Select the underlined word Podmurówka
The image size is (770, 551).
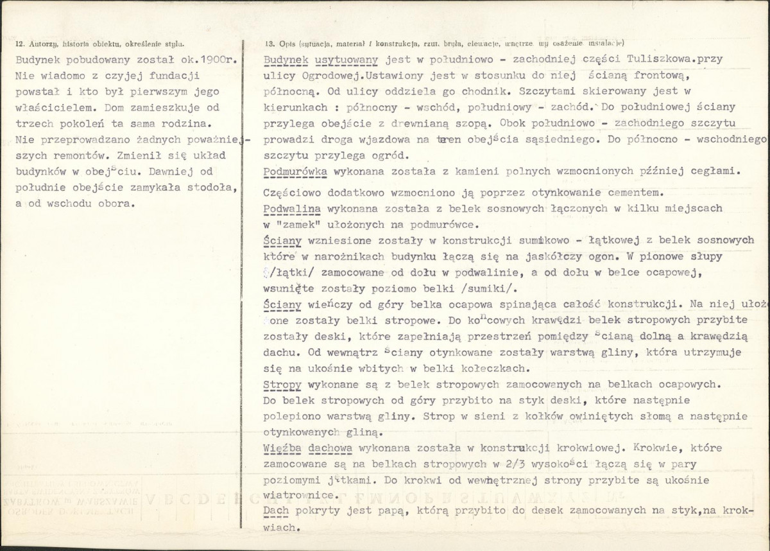click(x=296, y=171)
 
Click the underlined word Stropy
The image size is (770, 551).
click(x=282, y=385)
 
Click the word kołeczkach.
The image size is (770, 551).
click(x=495, y=369)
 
